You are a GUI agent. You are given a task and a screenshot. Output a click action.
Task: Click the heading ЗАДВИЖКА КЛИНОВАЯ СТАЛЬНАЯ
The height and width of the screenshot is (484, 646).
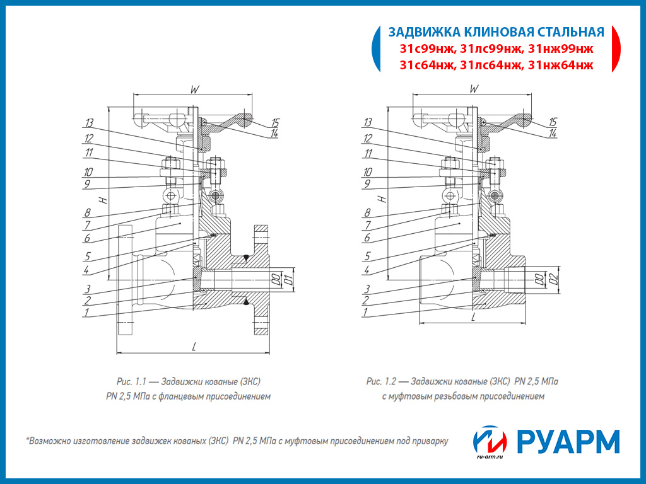(496, 32)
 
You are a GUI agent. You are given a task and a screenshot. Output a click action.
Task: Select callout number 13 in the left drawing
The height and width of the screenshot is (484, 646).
(89, 122)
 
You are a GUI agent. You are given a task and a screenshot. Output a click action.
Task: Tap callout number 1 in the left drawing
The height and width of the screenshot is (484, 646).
(86, 311)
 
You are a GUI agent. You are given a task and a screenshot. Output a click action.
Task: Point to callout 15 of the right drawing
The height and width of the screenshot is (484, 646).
(553, 122)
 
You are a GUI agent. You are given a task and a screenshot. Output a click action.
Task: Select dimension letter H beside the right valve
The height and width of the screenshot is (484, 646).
(380, 199)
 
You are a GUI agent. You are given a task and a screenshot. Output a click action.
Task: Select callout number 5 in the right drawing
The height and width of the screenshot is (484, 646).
(367, 257)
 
